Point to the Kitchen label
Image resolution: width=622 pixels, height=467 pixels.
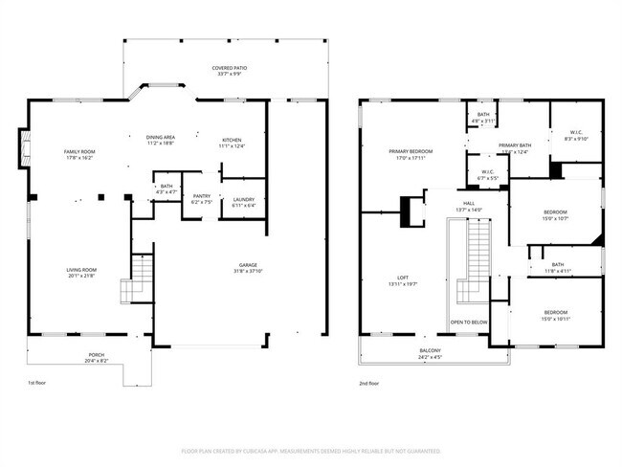tap(233, 139)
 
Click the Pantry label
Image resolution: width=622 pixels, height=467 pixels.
tap(202, 195)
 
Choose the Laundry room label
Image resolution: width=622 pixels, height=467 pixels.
tap(243, 199)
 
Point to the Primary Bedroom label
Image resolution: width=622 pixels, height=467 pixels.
tap(410, 151)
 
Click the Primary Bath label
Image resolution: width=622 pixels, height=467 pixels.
tap(514, 145)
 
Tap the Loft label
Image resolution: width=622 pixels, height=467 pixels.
tap(403, 278)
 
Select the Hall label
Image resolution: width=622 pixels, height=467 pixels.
tap(469, 203)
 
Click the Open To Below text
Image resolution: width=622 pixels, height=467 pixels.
tap(469, 322)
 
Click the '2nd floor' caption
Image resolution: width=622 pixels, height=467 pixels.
tap(368, 383)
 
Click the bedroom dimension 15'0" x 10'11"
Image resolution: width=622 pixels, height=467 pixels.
tap(555, 319)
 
